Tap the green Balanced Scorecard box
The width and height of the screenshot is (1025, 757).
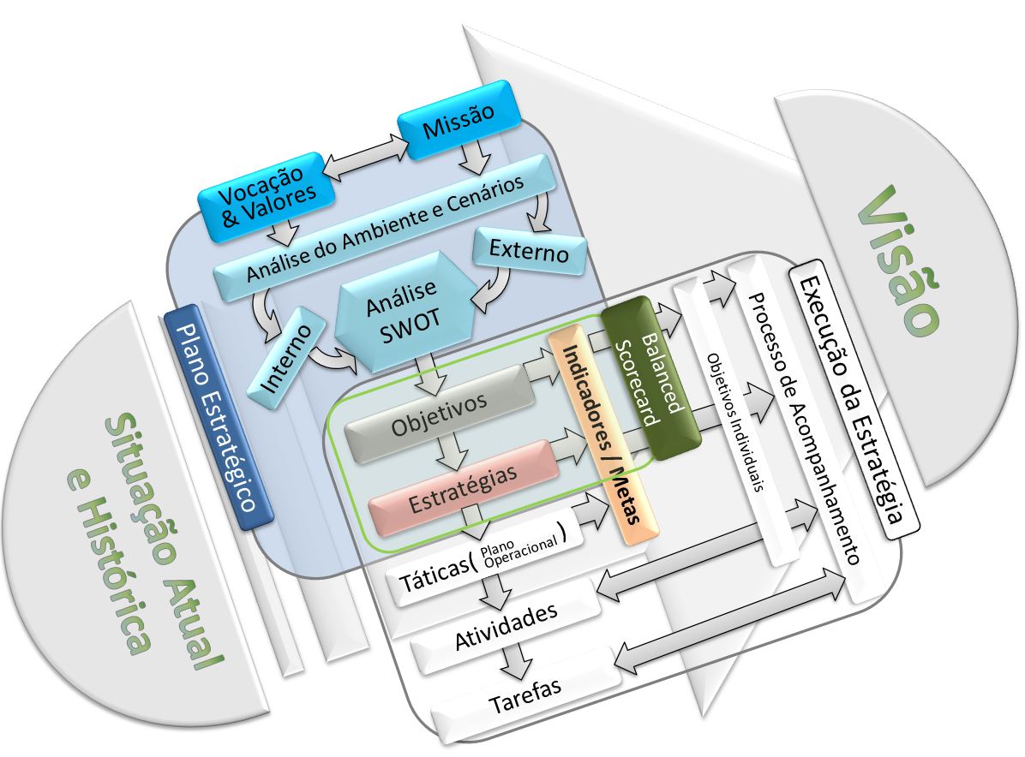click(x=651, y=378)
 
